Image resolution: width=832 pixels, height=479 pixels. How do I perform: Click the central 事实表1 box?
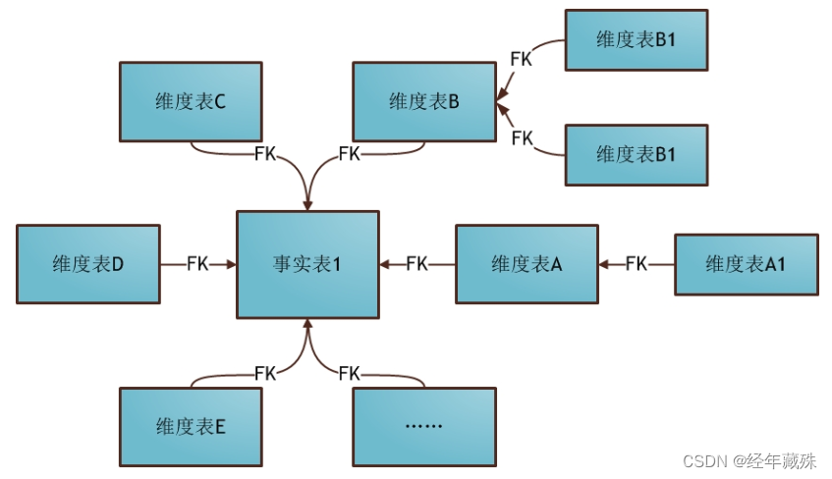[x=307, y=264]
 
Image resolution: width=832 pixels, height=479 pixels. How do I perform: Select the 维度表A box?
[x=527, y=264]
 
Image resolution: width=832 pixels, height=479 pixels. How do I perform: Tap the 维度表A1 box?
[x=746, y=264]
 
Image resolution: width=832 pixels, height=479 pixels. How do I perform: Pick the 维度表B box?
[x=424, y=101]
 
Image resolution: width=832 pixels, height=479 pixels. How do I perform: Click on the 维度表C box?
[x=191, y=101]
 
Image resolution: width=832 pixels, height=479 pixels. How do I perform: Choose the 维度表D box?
[x=87, y=264]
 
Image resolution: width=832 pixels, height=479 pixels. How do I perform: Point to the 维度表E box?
[x=191, y=427]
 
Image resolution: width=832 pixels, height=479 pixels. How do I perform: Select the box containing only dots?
[x=424, y=427]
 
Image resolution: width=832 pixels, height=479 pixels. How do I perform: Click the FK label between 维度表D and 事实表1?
[x=197, y=264]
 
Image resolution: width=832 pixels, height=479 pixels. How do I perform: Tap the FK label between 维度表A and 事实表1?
[x=416, y=264]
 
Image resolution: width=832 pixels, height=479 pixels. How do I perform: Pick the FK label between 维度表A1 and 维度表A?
[x=636, y=264]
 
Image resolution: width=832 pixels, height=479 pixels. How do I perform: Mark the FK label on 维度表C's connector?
[x=265, y=154]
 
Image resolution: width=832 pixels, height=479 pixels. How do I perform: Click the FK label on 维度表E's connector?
[x=265, y=373]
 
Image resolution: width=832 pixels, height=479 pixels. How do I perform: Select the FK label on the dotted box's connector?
[x=349, y=373]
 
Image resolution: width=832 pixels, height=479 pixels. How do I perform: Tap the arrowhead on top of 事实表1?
[x=307, y=205]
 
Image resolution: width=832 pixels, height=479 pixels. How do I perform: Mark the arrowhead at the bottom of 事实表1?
[x=307, y=324]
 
